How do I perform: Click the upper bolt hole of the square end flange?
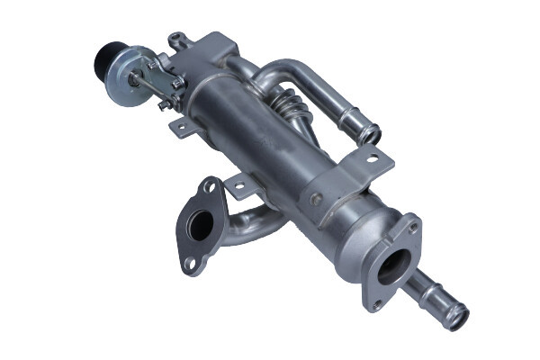point(413,229)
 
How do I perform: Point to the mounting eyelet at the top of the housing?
point(175,38)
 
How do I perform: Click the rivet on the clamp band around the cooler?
point(316,196)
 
